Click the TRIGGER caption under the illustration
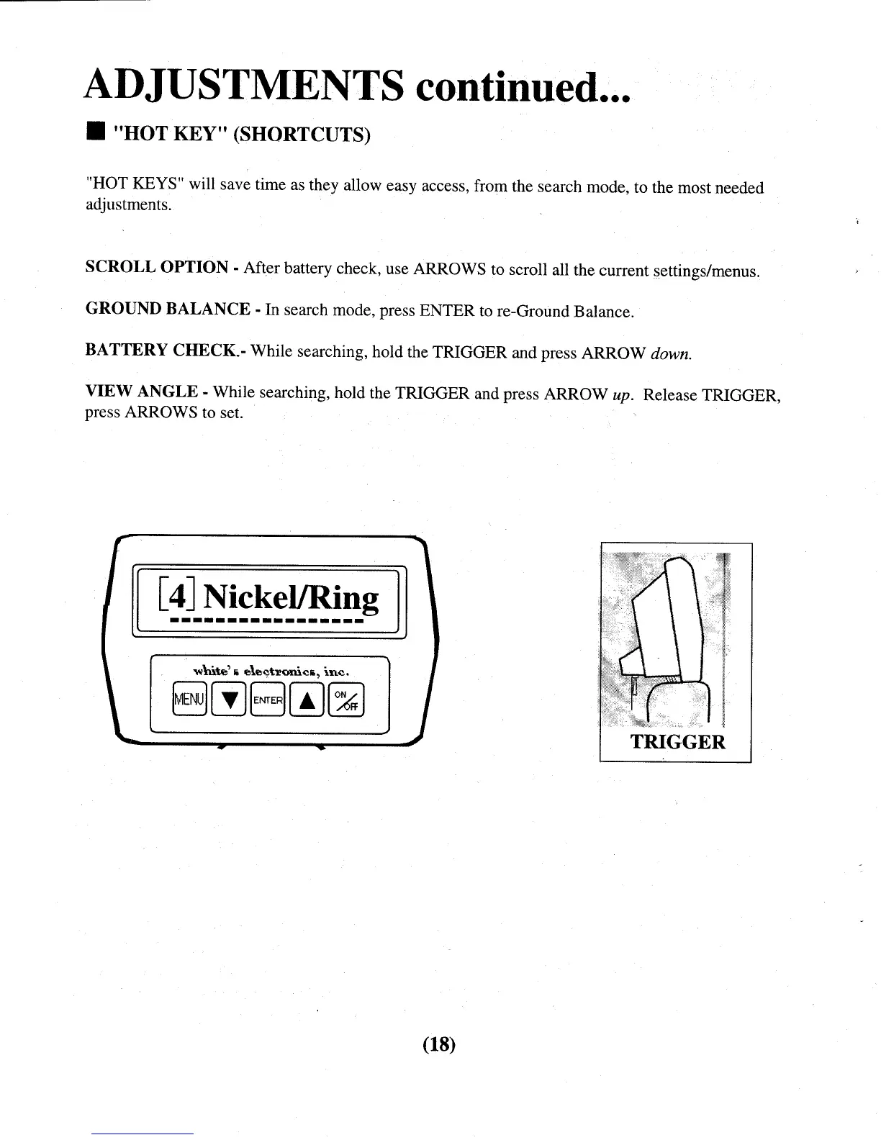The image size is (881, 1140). pos(677,742)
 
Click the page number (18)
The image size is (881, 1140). pos(439,1043)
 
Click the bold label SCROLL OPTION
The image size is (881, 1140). pos(156,267)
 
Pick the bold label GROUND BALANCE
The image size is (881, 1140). pos(168,309)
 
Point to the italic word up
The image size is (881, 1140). pos(620,395)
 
